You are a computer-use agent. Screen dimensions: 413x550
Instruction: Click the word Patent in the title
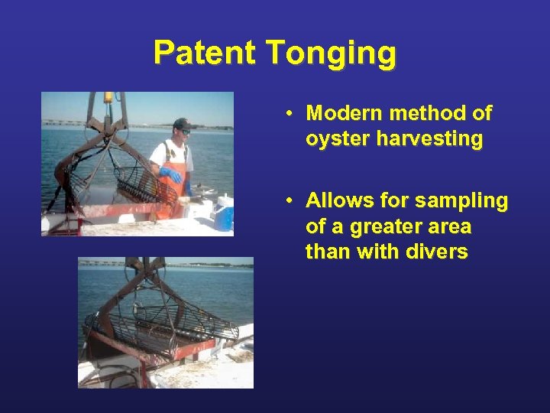205,53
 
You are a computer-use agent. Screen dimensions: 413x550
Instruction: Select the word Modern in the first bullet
341,114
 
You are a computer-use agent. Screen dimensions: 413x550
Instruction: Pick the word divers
438,252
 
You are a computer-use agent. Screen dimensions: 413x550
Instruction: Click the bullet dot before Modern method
291,115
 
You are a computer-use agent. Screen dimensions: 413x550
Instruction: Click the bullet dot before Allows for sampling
291,202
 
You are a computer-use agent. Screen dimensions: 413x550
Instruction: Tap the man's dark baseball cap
182,124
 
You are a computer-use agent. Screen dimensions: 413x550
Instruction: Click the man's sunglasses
183,132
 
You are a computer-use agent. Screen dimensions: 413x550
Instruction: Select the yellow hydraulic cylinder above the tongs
108,99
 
